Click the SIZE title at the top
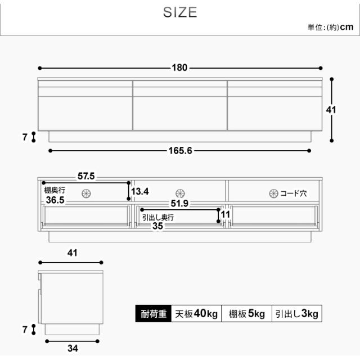tap(180, 12)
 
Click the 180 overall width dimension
tap(180, 67)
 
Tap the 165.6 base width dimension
tap(180, 151)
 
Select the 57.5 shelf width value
tap(86, 176)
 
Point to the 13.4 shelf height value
tap(140, 191)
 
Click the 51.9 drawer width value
tap(179, 203)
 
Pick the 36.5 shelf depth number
tap(55, 200)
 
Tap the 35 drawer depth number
tap(157, 226)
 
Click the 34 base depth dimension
tap(73, 348)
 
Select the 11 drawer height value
tap(225, 215)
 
